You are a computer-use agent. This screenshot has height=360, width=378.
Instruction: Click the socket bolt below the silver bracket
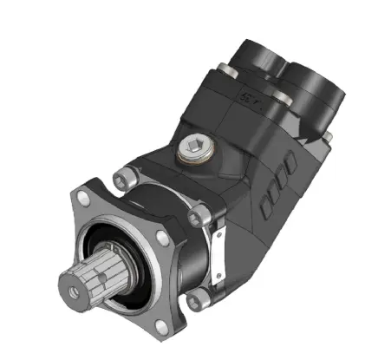tap(197, 298)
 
